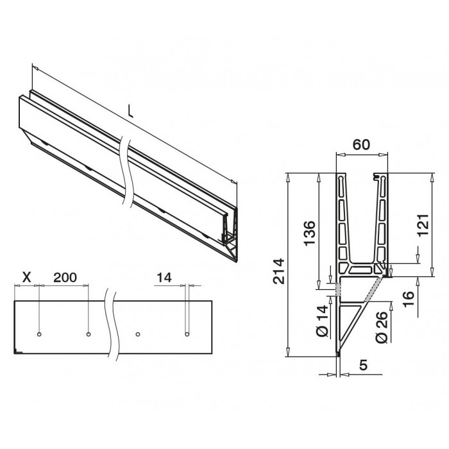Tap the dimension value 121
(x=423, y=224)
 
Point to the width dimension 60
(x=362, y=145)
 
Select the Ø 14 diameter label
(x=323, y=323)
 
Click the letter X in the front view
(x=26, y=277)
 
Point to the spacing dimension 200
(x=65, y=277)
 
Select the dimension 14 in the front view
(x=164, y=277)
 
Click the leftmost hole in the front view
(x=39, y=334)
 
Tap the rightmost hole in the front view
(x=186, y=334)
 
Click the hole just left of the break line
(x=88, y=334)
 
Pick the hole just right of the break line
(x=137, y=334)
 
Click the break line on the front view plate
(x=113, y=327)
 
